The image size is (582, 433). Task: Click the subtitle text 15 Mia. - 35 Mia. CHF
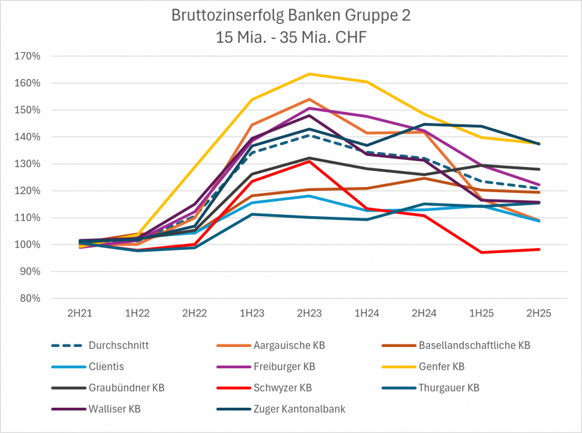[290, 37]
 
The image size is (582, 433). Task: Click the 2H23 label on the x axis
[309, 313]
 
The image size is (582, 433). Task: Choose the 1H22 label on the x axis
[137, 313]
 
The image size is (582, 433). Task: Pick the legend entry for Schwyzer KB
[283, 388]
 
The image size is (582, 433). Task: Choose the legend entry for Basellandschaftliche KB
[474, 346]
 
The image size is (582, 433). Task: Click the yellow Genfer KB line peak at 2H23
[309, 74]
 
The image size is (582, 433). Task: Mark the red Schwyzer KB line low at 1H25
[481, 252]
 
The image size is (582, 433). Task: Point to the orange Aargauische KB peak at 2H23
[309, 100]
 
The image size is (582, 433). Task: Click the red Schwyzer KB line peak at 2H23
[309, 161]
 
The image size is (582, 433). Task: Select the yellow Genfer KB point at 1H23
[252, 100]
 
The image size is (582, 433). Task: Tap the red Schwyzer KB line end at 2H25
[539, 249]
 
